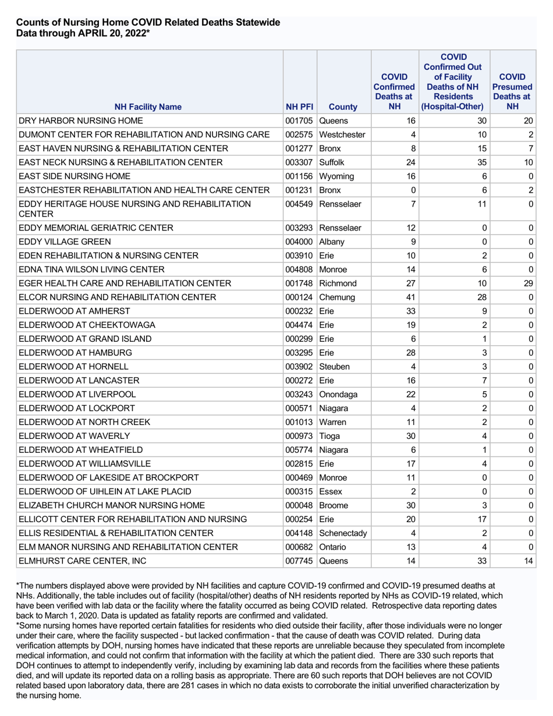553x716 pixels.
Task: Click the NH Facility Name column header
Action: tap(148, 107)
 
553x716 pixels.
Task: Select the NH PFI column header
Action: tap(300, 107)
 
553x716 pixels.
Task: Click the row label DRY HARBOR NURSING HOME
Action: tap(81, 121)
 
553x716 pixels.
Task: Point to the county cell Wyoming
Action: tap(337, 176)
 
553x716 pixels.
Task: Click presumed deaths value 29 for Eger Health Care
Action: tap(528, 283)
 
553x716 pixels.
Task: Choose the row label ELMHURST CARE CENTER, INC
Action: tap(82, 561)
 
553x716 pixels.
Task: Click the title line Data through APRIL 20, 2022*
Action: tap(83, 34)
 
